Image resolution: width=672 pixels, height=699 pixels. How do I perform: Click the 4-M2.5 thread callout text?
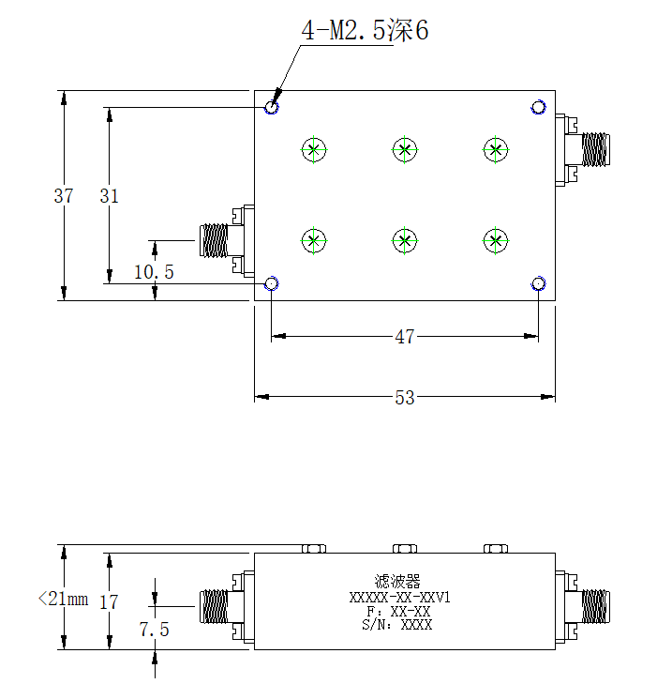coord(365,30)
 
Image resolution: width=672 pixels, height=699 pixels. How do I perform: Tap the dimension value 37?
coord(63,196)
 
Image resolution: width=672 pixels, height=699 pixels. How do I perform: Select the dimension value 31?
coord(109,196)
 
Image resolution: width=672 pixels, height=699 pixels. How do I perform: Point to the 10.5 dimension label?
coord(154,272)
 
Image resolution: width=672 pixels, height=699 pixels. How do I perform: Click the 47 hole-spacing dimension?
coord(404,337)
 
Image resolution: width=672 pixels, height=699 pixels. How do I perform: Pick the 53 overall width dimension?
coord(404,397)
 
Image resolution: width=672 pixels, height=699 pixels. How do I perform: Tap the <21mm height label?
coord(63,599)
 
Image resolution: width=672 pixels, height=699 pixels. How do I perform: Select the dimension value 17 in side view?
coord(109,602)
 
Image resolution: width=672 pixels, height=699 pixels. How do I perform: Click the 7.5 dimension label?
coord(154,630)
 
